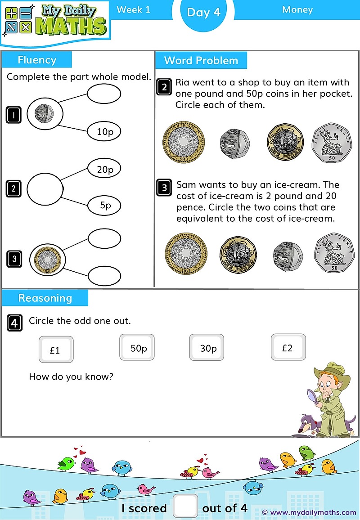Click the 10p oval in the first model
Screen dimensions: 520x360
click(x=104, y=131)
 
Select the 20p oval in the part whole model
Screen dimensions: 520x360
click(x=104, y=169)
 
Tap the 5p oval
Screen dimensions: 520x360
click(x=104, y=205)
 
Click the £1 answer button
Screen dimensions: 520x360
click(x=56, y=350)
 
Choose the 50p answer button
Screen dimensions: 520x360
click(x=137, y=347)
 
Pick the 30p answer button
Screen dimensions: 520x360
click(x=207, y=347)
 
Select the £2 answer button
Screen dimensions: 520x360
click(x=288, y=347)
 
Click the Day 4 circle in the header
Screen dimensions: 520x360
click(x=203, y=13)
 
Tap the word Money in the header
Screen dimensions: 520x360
click(x=297, y=9)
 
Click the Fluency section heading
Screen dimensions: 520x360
click(x=37, y=60)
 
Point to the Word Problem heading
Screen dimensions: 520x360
click(x=201, y=60)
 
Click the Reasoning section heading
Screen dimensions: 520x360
click(x=45, y=298)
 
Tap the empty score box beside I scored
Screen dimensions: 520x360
click(x=185, y=506)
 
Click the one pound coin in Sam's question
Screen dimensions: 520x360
click(x=237, y=253)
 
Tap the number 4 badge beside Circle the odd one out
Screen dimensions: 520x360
click(x=14, y=323)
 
